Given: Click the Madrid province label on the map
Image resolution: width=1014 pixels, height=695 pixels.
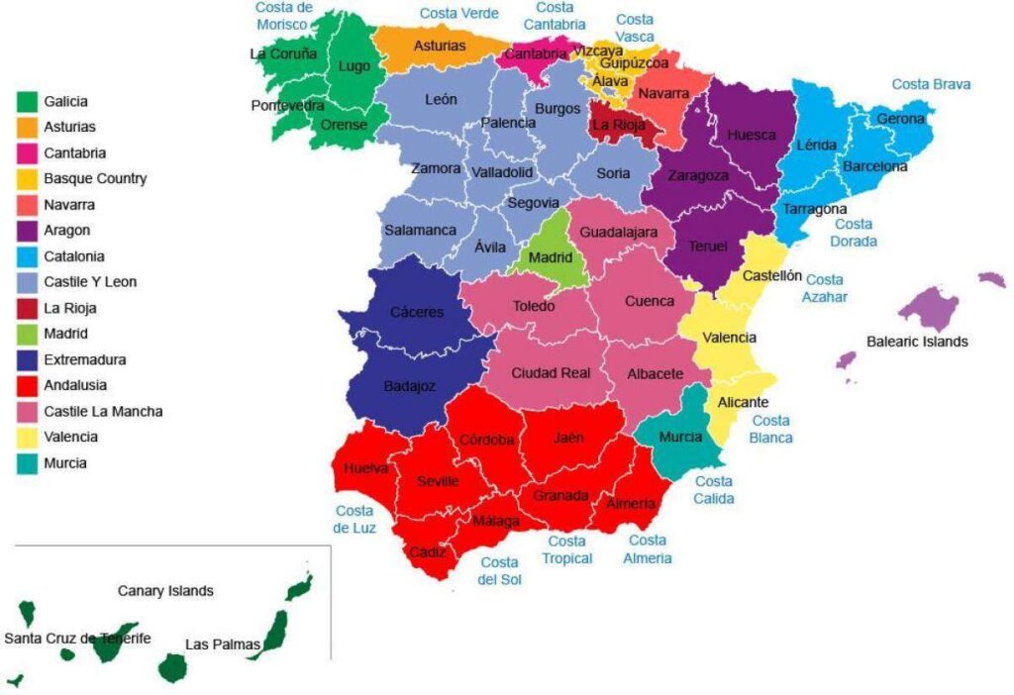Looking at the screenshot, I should (x=550, y=256).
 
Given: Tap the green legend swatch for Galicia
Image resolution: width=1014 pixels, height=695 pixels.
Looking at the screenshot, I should (x=27, y=101).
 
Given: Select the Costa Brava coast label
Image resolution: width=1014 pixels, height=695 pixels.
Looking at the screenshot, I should (x=931, y=84).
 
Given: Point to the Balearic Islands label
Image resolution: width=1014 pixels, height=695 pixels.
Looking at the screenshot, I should (x=917, y=342).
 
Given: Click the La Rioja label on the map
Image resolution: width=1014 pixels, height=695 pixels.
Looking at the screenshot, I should (x=618, y=126).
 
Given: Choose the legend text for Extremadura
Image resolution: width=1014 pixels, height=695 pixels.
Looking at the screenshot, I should (x=84, y=359).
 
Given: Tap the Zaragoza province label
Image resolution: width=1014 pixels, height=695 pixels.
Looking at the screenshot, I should (x=698, y=175).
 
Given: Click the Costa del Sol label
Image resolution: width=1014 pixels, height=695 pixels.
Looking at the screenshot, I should (x=499, y=570).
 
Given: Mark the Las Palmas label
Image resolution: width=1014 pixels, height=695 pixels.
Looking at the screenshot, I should (x=223, y=645).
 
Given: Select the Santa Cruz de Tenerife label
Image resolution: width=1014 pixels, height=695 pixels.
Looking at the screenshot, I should (x=77, y=639).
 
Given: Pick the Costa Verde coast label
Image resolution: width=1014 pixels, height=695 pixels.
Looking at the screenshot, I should (x=458, y=13).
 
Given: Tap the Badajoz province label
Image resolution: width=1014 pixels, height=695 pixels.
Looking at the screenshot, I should (x=410, y=386).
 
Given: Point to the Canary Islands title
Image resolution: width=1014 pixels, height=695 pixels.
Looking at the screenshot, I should (x=165, y=591).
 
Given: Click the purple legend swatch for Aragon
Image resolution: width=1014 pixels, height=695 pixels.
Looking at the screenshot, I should (x=27, y=231).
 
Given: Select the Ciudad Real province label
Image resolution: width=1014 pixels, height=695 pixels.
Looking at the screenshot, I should (x=551, y=373).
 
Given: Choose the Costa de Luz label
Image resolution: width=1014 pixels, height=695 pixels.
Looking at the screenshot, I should (x=354, y=520).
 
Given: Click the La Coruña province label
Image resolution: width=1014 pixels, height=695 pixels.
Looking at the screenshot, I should (x=283, y=53).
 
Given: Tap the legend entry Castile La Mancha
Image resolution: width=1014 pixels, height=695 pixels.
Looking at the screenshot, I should (x=103, y=411).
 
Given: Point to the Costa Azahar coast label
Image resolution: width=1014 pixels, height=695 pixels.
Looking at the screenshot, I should (x=824, y=288).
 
